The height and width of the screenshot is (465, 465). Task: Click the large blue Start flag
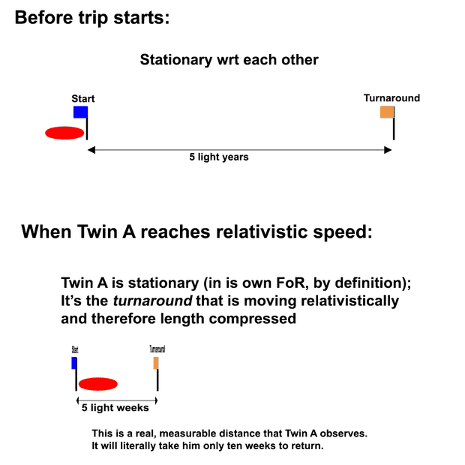tap(80, 112)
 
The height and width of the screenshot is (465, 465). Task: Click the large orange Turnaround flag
tap(387, 112)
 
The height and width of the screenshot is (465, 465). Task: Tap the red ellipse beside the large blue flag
tap(64, 133)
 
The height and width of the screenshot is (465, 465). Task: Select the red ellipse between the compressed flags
tap(98, 384)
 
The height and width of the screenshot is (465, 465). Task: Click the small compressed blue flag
tap(74, 363)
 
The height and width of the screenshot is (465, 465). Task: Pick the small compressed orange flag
tap(156, 363)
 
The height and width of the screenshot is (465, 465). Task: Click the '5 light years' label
tap(219, 157)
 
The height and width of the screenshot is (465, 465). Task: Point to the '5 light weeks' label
tap(115, 408)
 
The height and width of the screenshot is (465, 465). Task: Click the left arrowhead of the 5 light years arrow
tap(91, 150)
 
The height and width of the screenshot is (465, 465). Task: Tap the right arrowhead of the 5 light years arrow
tap(388, 150)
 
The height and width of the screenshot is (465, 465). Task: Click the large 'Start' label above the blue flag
tap(83, 98)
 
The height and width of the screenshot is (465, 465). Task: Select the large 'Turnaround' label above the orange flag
tap(391, 97)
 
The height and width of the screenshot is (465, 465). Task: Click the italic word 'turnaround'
tap(153, 301)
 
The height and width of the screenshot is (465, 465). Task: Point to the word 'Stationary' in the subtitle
tap(176, 60)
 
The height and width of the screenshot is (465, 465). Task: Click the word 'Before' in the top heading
tap(44, 17)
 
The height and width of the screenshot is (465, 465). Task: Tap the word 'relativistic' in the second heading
tap(262, 232)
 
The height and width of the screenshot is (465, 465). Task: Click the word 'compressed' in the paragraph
tap(252, 319)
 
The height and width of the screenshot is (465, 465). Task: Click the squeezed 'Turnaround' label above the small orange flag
tap(157, 349)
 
